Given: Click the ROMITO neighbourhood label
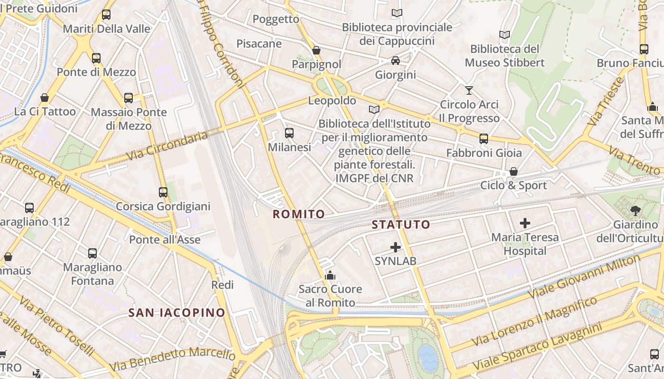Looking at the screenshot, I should [x=299, y=214].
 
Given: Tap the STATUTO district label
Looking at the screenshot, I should [x=401, y=225].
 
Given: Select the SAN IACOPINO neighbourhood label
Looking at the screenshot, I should [x=177, y=313].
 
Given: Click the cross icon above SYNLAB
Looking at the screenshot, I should [x=395, y=247].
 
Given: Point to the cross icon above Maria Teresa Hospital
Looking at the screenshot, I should [x=525, y=223].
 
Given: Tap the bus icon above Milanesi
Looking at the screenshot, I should [x=289, y=133].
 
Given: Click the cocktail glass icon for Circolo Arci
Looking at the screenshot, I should [x=469, y=90].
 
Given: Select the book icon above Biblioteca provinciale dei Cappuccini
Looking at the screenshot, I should [x=397, y=13].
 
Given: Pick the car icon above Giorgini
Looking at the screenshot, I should [x=395, y=61].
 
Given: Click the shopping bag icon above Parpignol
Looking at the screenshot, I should [x=316, y=50].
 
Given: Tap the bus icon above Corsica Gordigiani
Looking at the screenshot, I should [x=163, y=192].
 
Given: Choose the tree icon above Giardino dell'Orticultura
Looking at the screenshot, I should [x=636, y=210].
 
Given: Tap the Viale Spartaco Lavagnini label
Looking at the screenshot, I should [x=537, y=347].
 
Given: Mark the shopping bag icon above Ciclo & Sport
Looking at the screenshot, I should [x=513, y=171].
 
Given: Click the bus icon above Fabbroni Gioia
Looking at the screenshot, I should [x=483, y=139].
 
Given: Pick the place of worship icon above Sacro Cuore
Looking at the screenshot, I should [x=330, y=275].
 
